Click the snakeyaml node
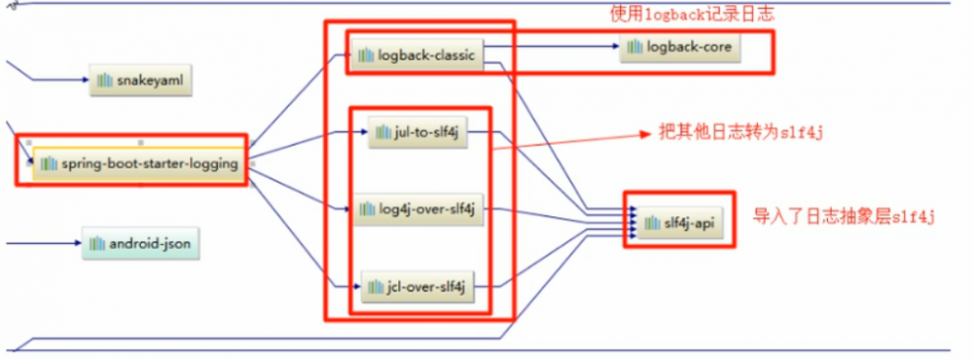pyautogui.click(x=141, y=83)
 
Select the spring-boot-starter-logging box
pyautogui.click(x=136, y=163)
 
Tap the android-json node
pyautogui.click(x=141, y=243)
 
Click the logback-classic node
pyautogui.click(x=416, y=55)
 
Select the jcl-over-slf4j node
pyautogui.click(x=418, y=286)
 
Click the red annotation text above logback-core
pyautogui.click(x=695, y=15)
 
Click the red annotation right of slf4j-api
pyautogui.click(x=844, y=217)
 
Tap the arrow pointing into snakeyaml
pyautogui.click(x=58, y=83)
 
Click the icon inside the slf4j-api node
pyautogui.click(x=648, y=224)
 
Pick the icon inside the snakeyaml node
pyautogui.click(x=103, y=83)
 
